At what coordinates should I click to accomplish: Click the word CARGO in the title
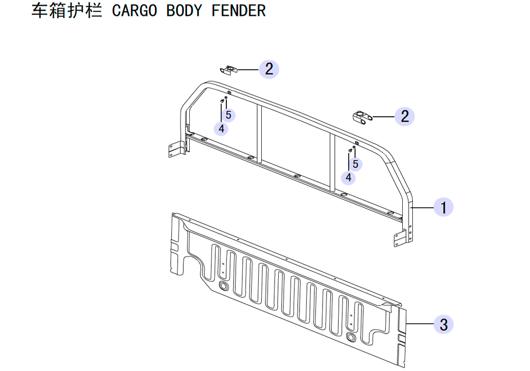pyautogui.click(x=135, y=11)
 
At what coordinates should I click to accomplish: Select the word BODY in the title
pyautogui.click(x=184, y=11)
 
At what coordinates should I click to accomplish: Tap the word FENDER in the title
pyautogui.click(x=238, y=11)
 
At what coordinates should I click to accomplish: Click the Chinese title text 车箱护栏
pyautogui.click(x=67, y=11)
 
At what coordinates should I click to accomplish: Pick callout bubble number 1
pyautogui.click(x=443, y=207)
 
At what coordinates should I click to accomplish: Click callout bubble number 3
pyautogui.click(x=444, y=324)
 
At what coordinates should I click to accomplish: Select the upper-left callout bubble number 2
pyautogui.click(x=269, y=69)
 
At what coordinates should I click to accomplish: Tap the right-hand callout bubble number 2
pyautogui.click(x=404, y=117)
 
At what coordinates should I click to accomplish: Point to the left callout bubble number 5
pyautogui.click(x=228, y=115)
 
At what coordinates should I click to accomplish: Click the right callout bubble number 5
pyautogui.click(x=355, y=164)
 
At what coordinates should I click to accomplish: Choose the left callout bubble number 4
pyautogui.click(x=221, y=129)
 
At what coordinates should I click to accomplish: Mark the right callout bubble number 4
pyautogui.click(x=348, y=178)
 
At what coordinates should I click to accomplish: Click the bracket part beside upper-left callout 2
pyautogui.click(x=229, y=70)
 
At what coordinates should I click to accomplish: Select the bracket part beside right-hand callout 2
pyautogui.click(x=363, y=117)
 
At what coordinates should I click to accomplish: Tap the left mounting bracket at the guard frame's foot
pyautogui.click(x=176, y=149)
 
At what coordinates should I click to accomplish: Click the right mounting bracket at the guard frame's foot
pyautogui.click(x=401, y=238)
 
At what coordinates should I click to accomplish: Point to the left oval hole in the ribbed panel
pyautogui.click(x=224, y=286)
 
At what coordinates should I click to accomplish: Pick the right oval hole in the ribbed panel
pyautogui.click(x=351, y=337)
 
